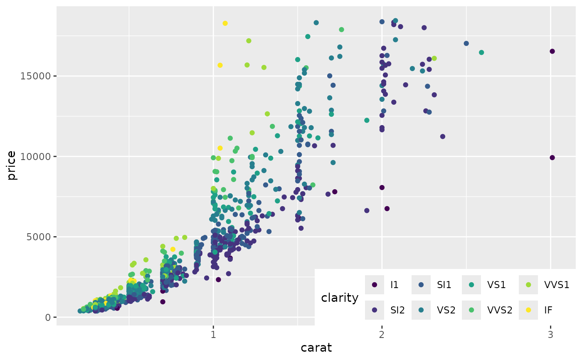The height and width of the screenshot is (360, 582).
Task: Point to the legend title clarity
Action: click(x=340, y=298)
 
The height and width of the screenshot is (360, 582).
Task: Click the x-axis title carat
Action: click(x=316, y=348)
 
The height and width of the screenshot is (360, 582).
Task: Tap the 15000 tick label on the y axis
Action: click(x=37, y=76)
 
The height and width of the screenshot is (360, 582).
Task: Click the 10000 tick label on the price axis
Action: click(x=37, y=157)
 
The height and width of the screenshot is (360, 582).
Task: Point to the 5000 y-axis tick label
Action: click(x=39, y=237)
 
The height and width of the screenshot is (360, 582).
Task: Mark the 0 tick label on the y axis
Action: click(x=48, y=317)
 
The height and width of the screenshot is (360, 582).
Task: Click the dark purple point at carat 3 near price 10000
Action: click(x=552, y=158)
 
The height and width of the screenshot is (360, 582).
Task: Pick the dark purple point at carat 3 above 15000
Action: click(x=552, y=51)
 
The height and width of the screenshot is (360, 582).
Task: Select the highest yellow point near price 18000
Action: click(x=225, y=23)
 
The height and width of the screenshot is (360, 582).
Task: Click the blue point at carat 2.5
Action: click(x=466, y=43)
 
